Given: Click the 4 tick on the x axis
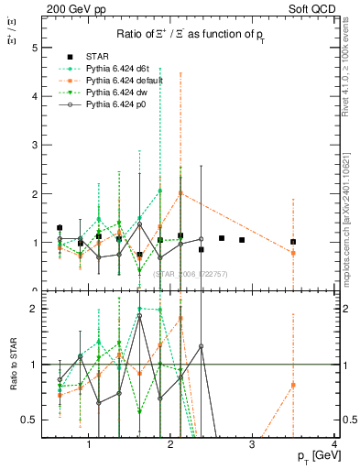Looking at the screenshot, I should pos(334,443).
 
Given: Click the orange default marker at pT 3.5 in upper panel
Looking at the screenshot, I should pos(293,253).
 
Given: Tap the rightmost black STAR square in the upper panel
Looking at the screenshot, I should pos(293,242).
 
